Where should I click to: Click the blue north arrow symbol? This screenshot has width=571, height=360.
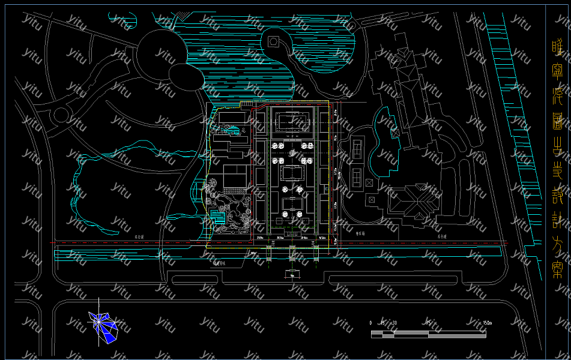pos(104,325)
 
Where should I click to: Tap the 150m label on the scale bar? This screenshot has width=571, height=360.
pos(487,323)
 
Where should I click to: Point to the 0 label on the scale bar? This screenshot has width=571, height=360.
pos(371,323)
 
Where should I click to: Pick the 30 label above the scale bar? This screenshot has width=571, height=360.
pos(394,323)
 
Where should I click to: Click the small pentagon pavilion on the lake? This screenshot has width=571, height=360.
pos(274,41)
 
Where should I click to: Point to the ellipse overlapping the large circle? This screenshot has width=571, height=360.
pos(186,76)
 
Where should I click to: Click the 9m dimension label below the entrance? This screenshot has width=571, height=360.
pos(292,276)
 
